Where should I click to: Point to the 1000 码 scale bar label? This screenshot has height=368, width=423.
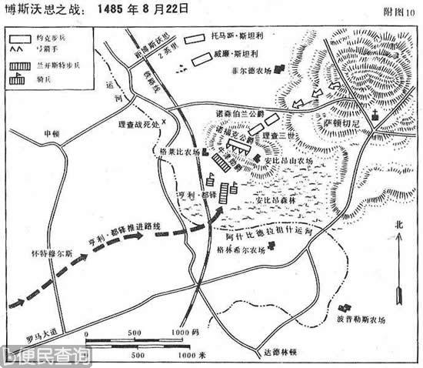click(x=185, y=332)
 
